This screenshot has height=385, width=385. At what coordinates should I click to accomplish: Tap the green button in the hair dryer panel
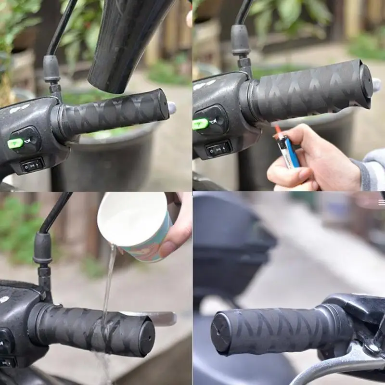pos(15,143)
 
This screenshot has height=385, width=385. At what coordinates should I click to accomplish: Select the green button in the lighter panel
pos(200,124)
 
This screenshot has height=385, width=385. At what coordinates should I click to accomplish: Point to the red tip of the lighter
pos(277,129)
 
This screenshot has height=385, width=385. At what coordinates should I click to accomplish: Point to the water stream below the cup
pos(109,279)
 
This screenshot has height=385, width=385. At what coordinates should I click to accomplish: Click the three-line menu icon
pos(381,203)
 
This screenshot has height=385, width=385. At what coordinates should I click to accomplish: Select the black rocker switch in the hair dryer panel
pos(33,165)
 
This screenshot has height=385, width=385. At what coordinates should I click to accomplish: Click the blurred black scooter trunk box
pos(231,241)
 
